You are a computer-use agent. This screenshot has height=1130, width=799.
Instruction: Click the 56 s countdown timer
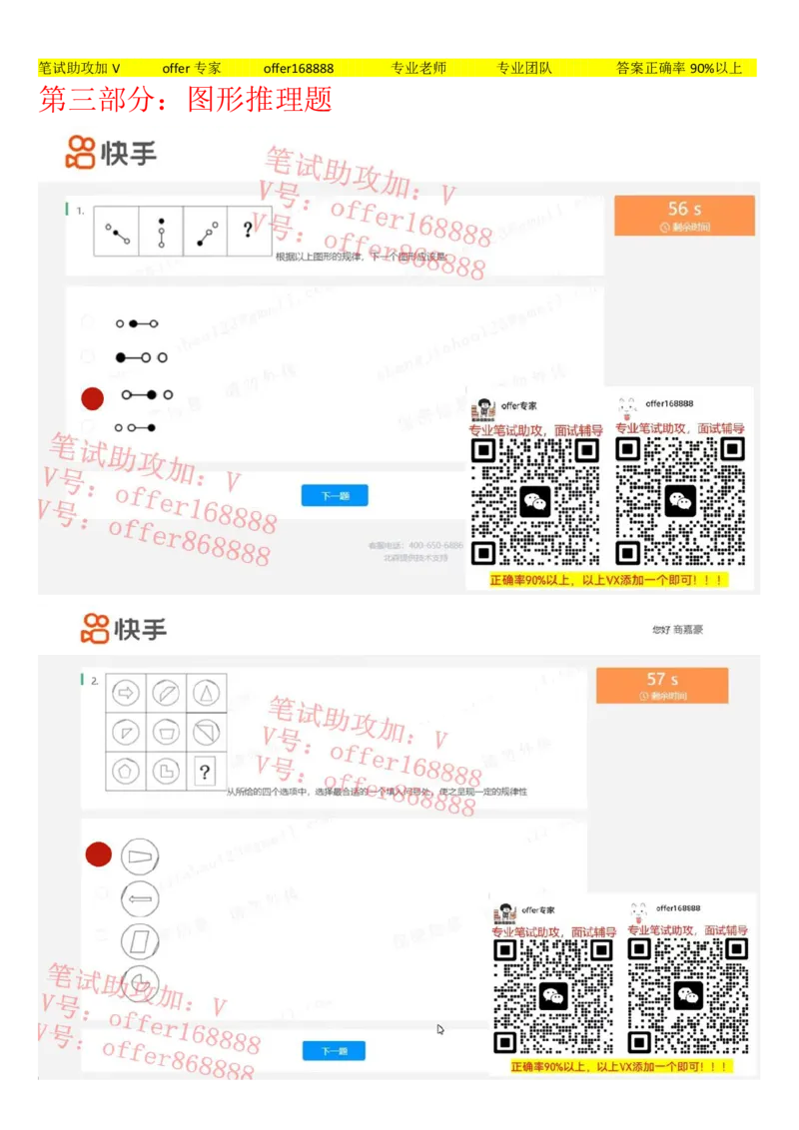point(684,215)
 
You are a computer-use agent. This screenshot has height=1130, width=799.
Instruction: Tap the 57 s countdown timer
point(661,685)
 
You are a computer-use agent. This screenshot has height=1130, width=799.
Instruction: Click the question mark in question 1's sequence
point(248,231)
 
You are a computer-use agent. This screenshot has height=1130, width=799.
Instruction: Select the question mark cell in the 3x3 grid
point(205,771)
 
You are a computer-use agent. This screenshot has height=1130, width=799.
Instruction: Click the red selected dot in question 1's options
point(92,398)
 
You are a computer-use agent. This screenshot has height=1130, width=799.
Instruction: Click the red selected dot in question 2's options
point(98,854)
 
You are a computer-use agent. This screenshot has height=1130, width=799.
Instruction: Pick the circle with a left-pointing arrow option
point(140,899)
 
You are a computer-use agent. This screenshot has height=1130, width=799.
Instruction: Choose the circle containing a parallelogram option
point(140,941)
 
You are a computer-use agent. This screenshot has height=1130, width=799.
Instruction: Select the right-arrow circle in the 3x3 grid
point(126,692)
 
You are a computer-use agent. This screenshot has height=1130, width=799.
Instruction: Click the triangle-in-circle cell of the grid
point(206,692)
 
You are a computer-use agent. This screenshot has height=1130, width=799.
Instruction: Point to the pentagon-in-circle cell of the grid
point(126,771)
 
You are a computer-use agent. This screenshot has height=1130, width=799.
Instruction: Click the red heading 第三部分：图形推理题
point(186,100)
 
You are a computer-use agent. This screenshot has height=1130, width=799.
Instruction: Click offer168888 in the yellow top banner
point(299,68)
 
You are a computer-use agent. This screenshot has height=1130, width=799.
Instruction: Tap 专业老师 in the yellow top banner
point(418,68)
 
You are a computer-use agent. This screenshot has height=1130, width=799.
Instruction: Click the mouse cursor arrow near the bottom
point(440,1029)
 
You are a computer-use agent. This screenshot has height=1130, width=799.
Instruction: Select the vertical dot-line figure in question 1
point(161,231)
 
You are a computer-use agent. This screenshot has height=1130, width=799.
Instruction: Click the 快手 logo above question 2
point(124,629)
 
